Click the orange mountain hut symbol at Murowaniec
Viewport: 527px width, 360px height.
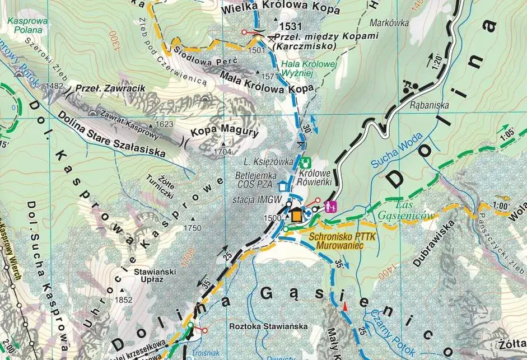(296, 215)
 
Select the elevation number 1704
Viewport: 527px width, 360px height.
(222, 151)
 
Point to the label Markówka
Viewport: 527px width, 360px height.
(386, 24)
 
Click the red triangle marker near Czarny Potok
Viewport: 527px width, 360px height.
(346, 306)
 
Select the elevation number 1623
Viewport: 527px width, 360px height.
(164, 124)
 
